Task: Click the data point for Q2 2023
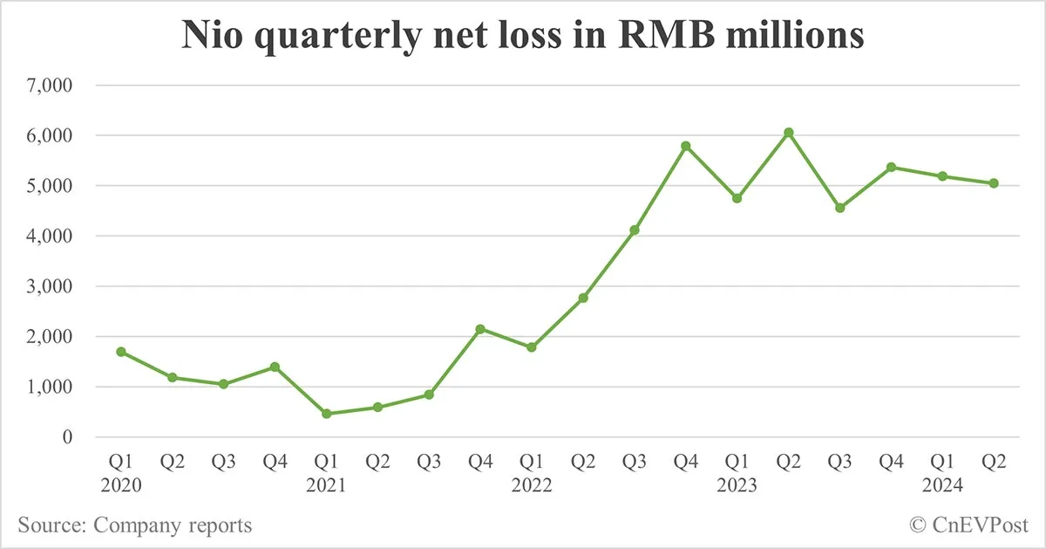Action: coord(788,133)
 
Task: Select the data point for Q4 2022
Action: coord(686,146)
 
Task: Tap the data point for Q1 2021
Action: coord(326,414)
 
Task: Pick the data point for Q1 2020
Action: coord(121,352)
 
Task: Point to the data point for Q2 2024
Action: coord(994,183)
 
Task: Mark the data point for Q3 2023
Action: coord(839,208)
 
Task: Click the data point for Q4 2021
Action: coord(480,329)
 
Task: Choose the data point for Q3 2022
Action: coord(635,230)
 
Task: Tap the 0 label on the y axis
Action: coord(66,437)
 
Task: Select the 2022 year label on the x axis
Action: coord(532,485)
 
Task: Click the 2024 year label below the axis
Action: coord(942,485)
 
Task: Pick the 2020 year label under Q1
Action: coord(121,485)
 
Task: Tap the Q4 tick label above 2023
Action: coord(686,463)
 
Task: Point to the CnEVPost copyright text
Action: coord(968,525)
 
